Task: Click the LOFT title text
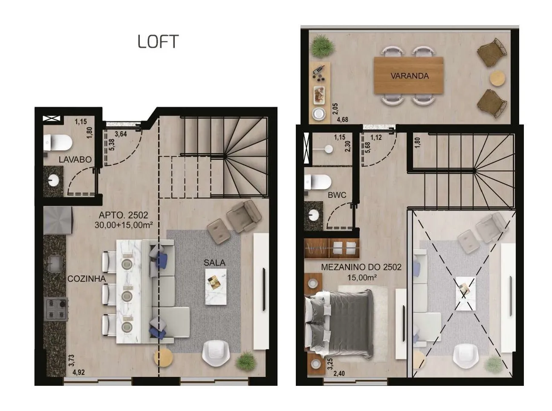click(x=158, y=41)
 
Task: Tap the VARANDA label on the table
click(x=409, y=76)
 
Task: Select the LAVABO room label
click(x=75, y=159)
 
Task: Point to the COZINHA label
click(x=87, y=279)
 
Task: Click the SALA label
click(x=214, y=263)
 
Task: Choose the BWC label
click(x=337, y=195)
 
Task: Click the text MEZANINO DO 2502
click(x=361, y=267)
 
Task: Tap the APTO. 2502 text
click(x=124, y=215)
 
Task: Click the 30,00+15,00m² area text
click(x=124, y=225)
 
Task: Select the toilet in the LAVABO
click(x=58, y=143)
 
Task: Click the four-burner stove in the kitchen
click(x=56, y=309)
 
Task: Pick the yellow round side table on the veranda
click(x=497, y=78)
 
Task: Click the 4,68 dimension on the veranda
click(x=342, y=120)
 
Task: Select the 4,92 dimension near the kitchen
click(x=78, y=372)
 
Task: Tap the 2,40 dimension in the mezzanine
click(x=339, y=373)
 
